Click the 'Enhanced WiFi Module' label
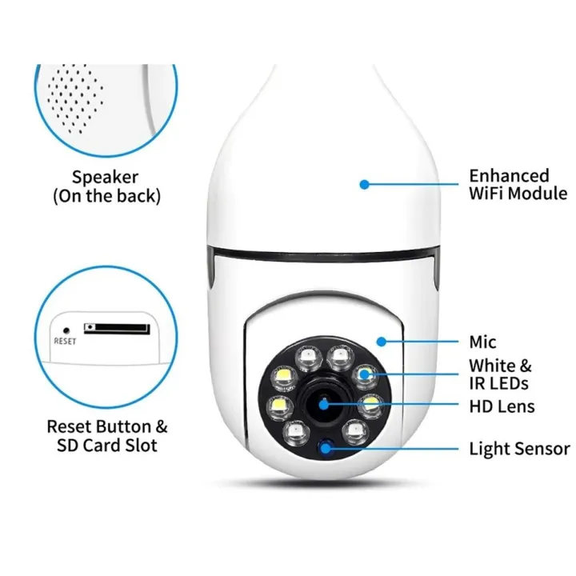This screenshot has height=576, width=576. click(518, 185)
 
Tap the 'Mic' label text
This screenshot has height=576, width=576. click(482, 342)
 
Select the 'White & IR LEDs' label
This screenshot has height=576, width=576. click(500, 374)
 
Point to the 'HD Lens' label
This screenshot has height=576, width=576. click(502, 406)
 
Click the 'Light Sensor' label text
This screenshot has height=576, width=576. click(519, 449)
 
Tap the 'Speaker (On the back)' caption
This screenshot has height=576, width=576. click(106, 186)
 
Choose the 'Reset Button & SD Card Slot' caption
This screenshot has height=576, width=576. click(107, 436)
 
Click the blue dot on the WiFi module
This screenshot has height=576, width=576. click(364, 185)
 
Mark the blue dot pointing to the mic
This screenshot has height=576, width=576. click(382, 342)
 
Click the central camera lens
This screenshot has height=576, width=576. click(324, 405)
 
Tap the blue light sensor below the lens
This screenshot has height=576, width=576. click(325, 448)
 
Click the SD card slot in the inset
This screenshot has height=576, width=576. click(117, 329)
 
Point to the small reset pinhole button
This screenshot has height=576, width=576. click(66, 331)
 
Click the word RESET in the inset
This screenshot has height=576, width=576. click(65, 342)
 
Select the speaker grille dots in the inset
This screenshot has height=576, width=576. click(74, 98)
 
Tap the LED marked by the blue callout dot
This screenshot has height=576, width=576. click(365, 375)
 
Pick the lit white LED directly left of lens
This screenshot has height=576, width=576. click(280, 407)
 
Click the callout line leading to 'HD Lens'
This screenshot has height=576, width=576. click(391, 405)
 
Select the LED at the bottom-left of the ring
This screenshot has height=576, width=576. click(296, 433)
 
